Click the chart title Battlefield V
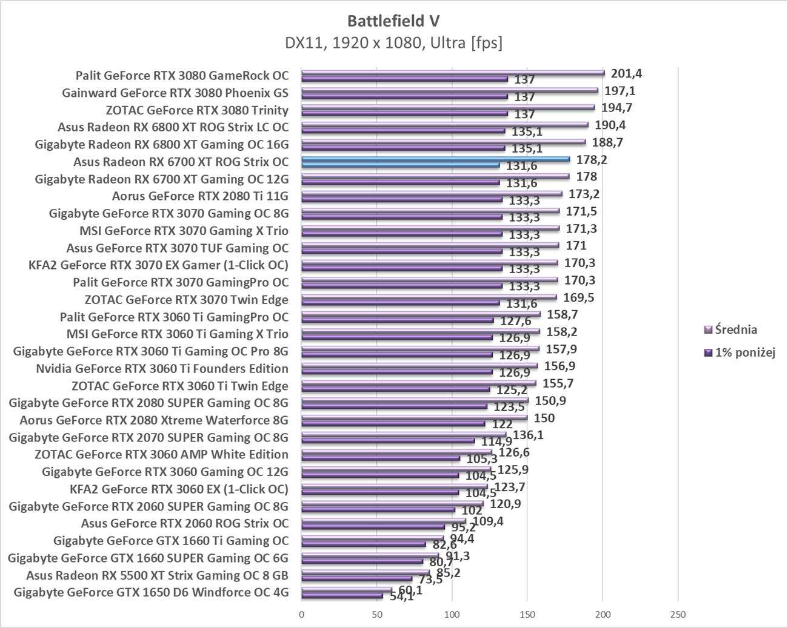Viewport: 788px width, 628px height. (393, 21)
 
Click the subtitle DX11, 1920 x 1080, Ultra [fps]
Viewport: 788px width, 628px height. (393, 43)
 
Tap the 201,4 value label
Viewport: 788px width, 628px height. (626, 74)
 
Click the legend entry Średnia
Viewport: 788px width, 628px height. (736, 329)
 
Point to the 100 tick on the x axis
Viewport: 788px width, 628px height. (452, 615)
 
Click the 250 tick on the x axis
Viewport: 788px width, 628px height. (678, 615)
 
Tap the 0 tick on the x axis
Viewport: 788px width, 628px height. (302, 615)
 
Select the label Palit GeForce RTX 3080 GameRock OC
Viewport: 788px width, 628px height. (182, 76)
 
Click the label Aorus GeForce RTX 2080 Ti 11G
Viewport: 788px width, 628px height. (200, 196)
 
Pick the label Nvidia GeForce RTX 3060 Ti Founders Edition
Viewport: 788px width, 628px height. (162, 368)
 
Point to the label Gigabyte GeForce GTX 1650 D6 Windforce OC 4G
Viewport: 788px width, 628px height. (151, 592)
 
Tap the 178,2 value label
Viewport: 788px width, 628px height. (592, 160)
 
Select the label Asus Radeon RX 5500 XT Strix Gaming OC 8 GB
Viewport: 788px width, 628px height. (157, 575)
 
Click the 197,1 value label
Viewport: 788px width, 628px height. (620, 91)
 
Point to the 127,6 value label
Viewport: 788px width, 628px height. (515, 322)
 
